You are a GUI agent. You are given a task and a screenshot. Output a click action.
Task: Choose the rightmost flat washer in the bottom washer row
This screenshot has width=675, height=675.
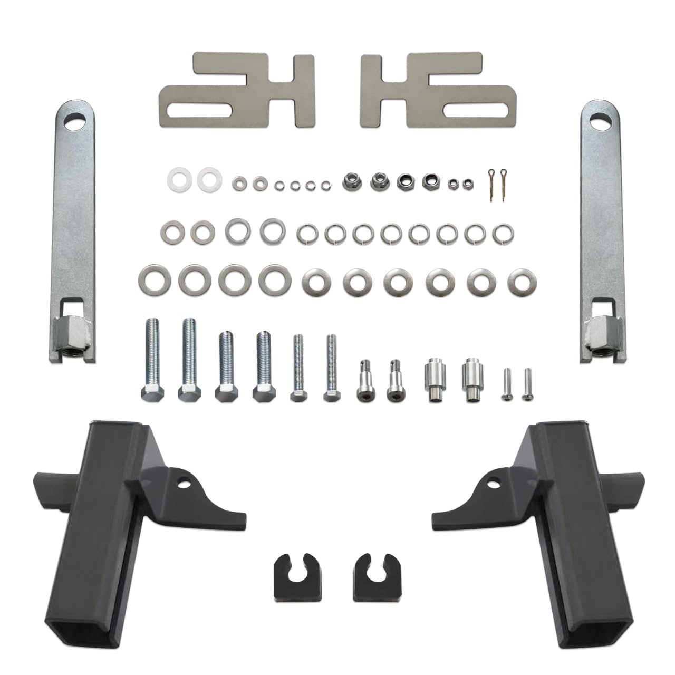coord(519,281)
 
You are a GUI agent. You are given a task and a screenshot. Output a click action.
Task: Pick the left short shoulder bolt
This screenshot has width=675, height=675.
coord(365,381)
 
